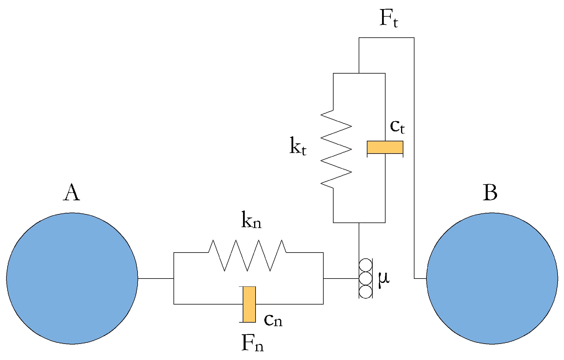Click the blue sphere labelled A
click(72, 278)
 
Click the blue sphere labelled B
click(492, 278)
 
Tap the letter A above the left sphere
click(71, 193)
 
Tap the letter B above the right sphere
click(490, 193)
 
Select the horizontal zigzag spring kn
click(247, 255)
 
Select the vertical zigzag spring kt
click(336, 149)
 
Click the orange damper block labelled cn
click(249, 304)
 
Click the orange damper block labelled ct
click(385, 147)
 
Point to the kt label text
click(298, 146)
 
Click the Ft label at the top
click(388, 19)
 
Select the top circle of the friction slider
click(365, 265)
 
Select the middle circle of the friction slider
click(365, 279)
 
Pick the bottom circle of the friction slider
click(365, 292)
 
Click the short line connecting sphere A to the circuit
click(156, 279)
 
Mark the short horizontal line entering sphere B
click(420, 279)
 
